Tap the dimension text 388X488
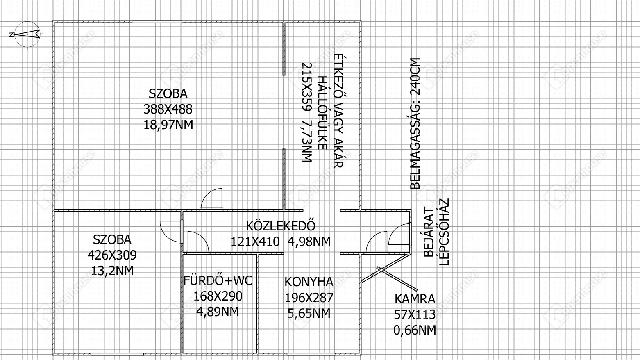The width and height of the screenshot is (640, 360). click(168, 109)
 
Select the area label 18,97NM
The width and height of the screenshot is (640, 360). click(168, 125)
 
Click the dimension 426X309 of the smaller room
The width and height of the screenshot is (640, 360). click(112, 255)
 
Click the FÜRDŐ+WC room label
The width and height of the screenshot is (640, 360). click(218, 281)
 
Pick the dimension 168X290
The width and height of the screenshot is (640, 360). click(218, 296)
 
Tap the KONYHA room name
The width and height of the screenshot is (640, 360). click(309, 282)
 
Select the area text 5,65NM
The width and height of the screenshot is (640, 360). click(309, 313)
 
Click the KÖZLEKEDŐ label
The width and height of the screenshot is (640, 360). click(281, 226)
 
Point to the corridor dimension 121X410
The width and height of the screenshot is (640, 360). click(255, 242)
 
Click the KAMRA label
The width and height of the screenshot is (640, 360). click(415, 299)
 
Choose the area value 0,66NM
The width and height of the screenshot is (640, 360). click(415, 330)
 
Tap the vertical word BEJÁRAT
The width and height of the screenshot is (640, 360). click(429, 232)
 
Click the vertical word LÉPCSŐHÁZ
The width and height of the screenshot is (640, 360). click(444, 232)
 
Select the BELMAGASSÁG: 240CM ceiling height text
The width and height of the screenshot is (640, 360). click(415, 123)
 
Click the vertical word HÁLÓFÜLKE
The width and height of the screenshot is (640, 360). click(322, 113)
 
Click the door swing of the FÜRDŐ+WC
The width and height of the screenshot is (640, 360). click(197, 242)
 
